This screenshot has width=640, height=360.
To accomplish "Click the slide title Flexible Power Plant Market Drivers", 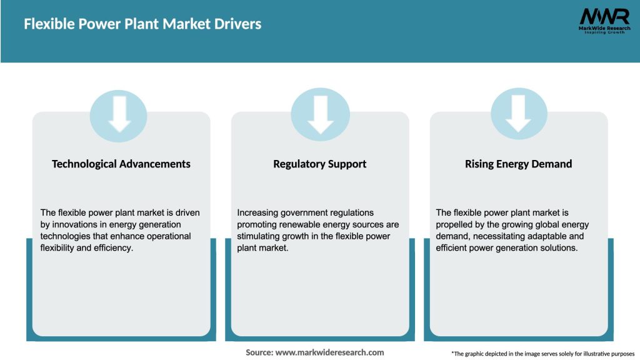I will [142, 24].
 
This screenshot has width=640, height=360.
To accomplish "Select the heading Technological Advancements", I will [121, 164].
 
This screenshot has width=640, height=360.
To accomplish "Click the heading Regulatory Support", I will [320, 164].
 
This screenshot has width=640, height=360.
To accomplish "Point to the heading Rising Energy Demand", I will [518, 164].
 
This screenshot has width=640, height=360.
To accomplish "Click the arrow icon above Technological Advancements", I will [119, 114].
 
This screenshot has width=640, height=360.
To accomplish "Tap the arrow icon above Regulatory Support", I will [320, 114].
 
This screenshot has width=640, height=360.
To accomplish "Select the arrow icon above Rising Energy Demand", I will [518, 114].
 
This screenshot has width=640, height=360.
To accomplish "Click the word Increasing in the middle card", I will [258, 212].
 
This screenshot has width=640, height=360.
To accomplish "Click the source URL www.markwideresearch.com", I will [330, 352].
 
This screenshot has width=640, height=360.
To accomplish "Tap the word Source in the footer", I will [258, 352].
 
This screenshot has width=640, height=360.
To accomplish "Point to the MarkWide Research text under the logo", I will [604, 29].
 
